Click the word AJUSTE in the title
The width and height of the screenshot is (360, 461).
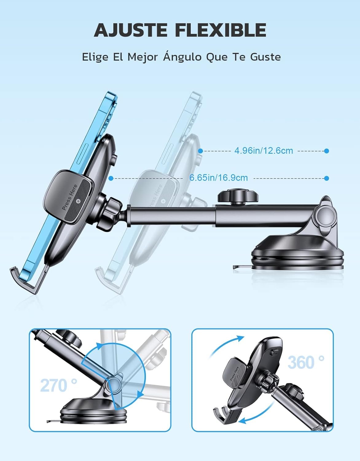[130, 30]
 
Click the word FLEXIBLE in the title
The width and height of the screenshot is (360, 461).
[221, 30]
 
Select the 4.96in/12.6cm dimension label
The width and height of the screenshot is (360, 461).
[264, 151]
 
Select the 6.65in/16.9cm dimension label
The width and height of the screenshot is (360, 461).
[218, 178]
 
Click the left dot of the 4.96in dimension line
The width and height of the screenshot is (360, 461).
[200, 151]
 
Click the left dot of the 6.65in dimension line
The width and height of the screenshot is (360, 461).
[111, 178]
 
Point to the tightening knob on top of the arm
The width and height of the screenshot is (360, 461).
[238, 196]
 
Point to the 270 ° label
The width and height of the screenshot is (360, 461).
[59, 385]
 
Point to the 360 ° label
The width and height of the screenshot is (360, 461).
[306, 362]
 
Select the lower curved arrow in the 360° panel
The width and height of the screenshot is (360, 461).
[258, 412]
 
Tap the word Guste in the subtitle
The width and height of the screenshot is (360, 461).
[265, 57]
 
